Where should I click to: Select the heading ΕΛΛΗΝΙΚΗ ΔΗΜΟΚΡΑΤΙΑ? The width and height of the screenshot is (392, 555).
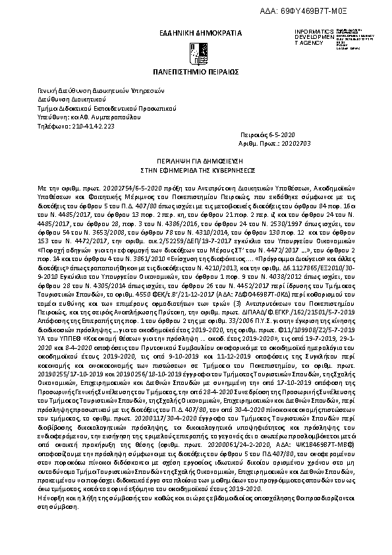click(x=196, y=32)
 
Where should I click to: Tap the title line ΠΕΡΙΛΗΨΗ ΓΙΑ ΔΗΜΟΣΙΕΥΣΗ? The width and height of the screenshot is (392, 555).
click(x=196, y=160)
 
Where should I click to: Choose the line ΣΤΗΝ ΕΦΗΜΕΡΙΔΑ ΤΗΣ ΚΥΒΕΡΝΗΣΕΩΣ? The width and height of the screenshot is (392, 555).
click(x=196, y=168)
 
